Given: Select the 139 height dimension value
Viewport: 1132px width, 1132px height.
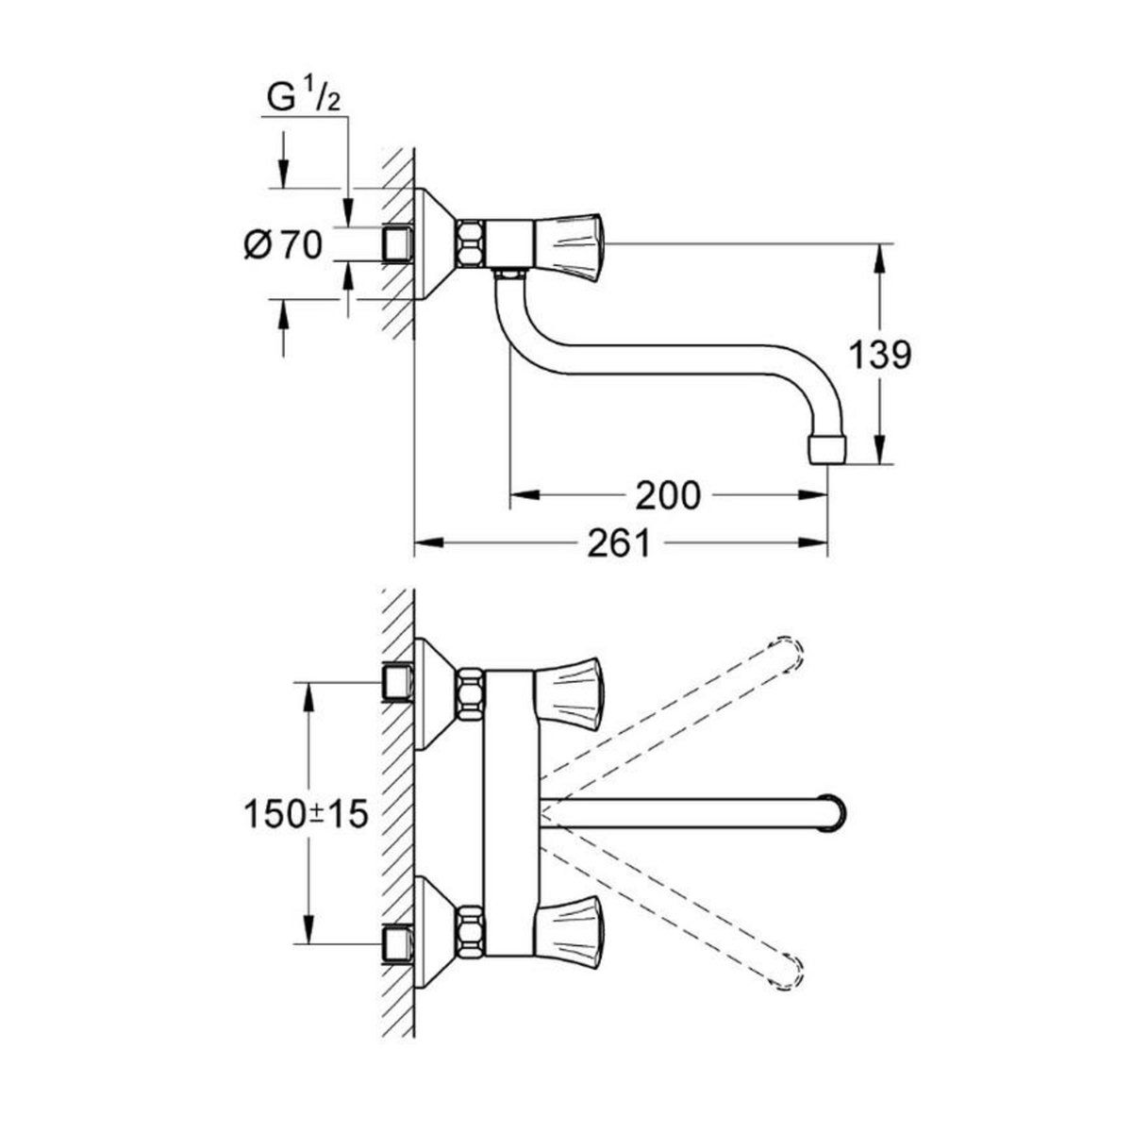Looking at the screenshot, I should [879, 356].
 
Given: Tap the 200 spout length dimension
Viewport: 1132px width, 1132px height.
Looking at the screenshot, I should [668, 494].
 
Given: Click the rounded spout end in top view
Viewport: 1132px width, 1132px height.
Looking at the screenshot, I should [833, 811].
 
